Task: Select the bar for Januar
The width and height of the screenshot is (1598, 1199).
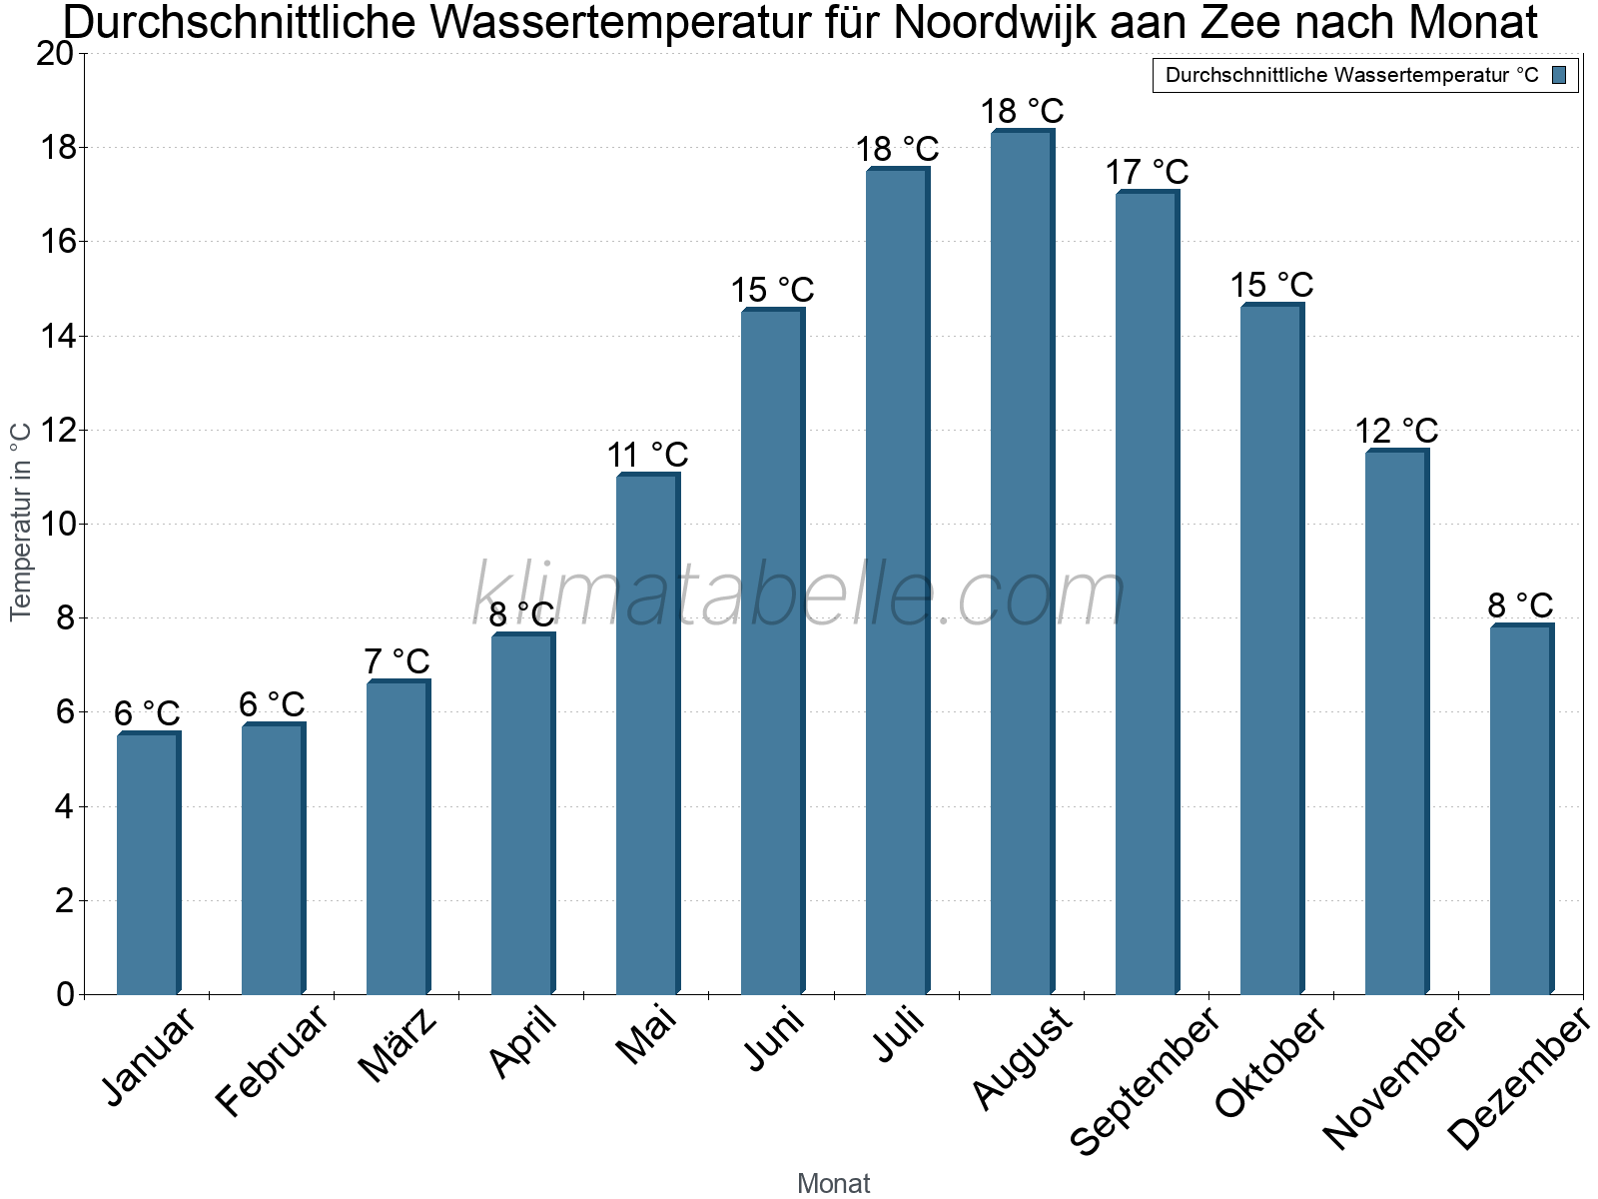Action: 148,864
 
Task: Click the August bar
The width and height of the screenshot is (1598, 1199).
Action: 1022,563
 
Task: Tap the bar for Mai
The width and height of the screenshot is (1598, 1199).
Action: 647,734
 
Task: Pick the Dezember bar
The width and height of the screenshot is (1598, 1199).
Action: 1521,809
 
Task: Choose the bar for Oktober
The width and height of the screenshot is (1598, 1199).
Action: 1271,649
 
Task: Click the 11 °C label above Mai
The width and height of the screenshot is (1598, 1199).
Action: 647,456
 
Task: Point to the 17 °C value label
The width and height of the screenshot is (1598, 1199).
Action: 1147,173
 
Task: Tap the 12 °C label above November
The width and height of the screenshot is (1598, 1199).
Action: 1396,432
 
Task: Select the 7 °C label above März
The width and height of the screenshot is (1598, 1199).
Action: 397,661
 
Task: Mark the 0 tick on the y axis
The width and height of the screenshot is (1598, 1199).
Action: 65,994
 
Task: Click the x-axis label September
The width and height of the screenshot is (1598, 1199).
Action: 1145,1081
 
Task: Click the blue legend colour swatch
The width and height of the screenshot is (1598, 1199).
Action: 1560,75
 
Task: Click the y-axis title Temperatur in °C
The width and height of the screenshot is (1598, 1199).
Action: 21,521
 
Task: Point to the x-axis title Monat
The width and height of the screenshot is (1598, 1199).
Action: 833,1184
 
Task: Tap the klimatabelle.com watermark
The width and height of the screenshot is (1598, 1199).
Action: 799,595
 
